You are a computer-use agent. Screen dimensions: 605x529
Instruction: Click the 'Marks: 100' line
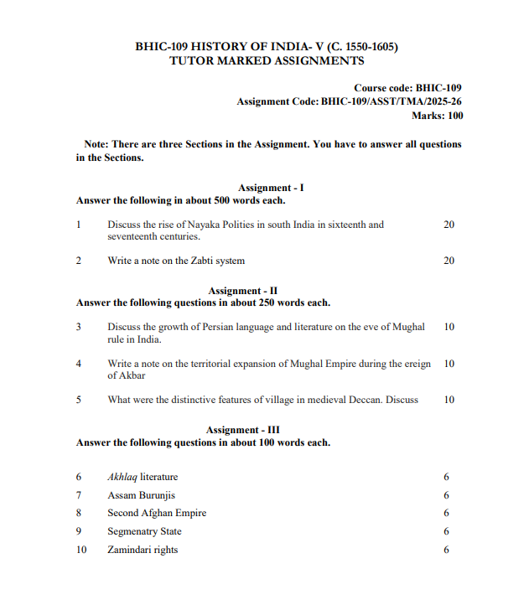tap(437, 116)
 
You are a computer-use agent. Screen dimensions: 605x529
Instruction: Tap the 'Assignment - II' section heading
tap(266, 290)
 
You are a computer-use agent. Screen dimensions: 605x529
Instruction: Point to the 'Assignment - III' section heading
tap(266, 430)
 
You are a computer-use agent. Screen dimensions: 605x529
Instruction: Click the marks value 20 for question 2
tap(449, 261)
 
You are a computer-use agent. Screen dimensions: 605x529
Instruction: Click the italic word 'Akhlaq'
tap(122, 477)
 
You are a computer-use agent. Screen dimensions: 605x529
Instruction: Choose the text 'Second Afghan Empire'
tap(157, 513)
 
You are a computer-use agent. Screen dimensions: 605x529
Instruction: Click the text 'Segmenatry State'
tap(144, 531)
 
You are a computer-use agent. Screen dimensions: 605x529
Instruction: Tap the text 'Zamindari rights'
tap(143, 550)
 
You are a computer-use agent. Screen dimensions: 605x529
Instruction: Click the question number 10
tap(80, 550)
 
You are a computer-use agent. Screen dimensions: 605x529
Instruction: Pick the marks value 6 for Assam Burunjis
tap(447, 495)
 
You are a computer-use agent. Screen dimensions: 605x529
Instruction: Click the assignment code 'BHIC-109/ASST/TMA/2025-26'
tap(390, 101)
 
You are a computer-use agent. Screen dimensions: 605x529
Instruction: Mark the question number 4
tap(78, 364)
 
